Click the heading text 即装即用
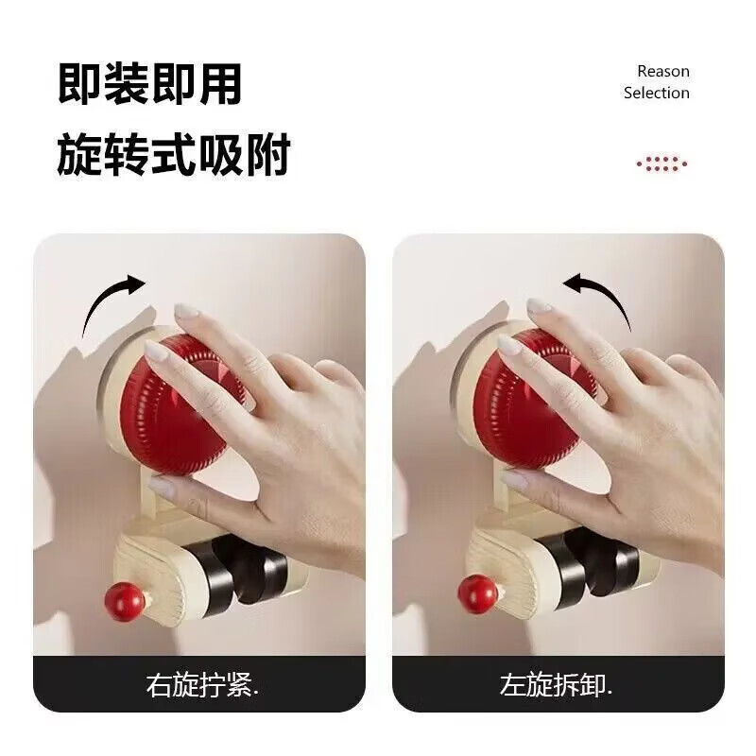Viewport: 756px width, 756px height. pyautogui.click(x=149, y=84)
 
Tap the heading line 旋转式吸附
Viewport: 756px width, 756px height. pyautogui.click(x=173, y=154)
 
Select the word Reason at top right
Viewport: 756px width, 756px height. pyautogui.click(x=662, y=71)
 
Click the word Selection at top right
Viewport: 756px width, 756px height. pyautogui.click(x=656, y=93)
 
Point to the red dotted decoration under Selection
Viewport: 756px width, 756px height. pyautogui.click(x=661, y=163)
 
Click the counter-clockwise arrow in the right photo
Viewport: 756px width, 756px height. pyautogui.click(x=597, y=301)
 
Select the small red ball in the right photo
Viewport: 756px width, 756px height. pyautogui.click(x=478, y=593)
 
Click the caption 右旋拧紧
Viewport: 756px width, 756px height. pyautogui.click(x=200, y=685)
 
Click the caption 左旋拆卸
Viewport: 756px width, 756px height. pyautogui.click(x=557, y=685)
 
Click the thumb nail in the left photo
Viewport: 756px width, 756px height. pyautogui.click(x=161, y=487)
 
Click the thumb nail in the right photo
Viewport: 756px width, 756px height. pyautogui.click(x=515, y=480)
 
